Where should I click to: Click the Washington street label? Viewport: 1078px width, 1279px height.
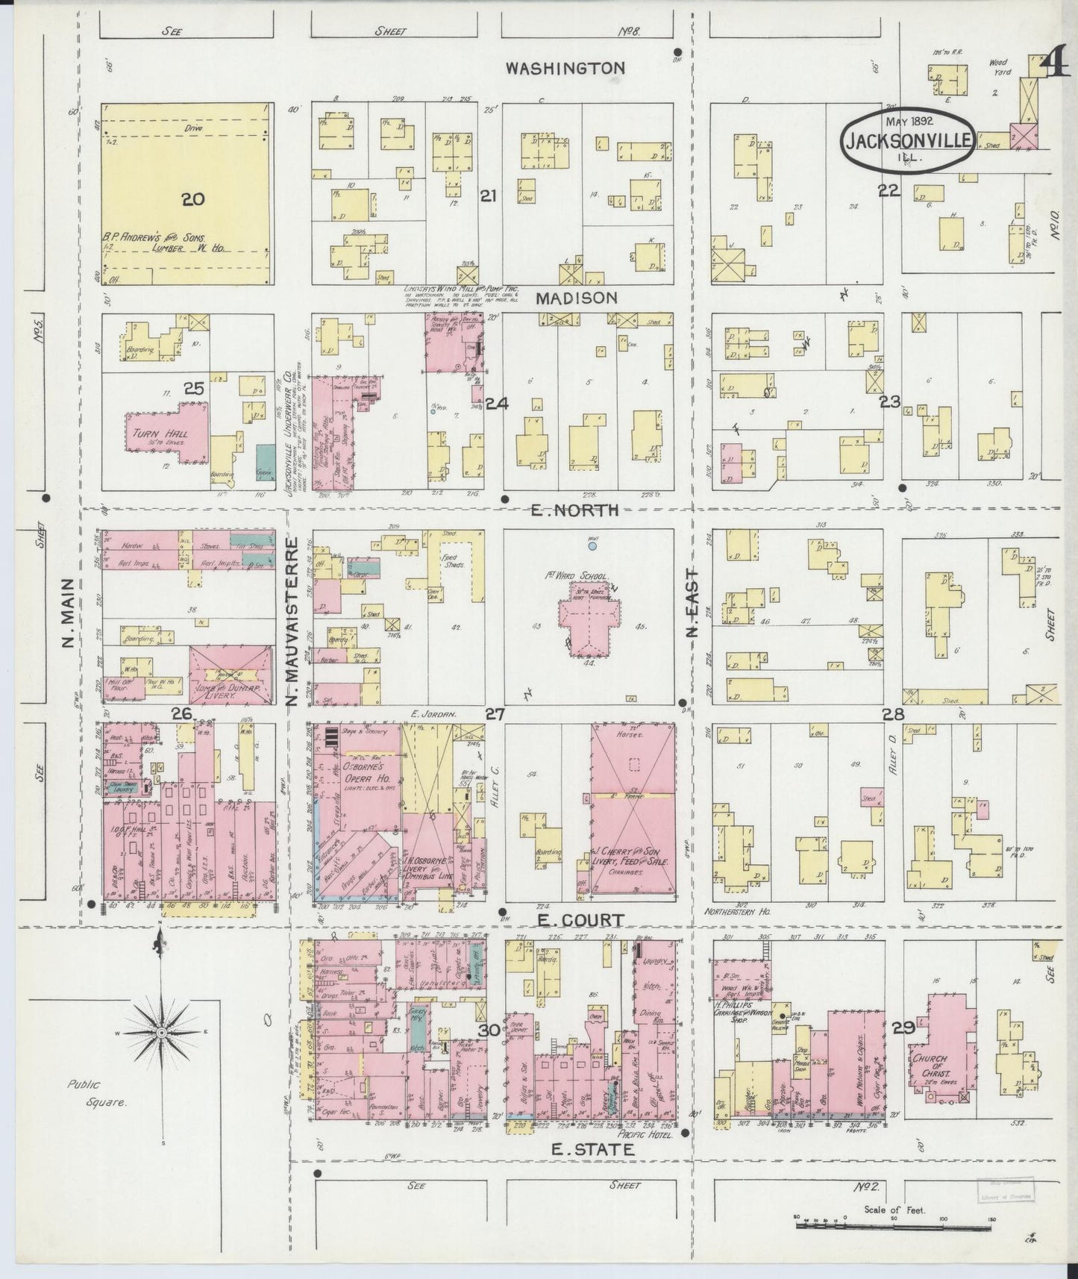pos(564,68)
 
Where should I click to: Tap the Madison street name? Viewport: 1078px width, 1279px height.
pos(576,297)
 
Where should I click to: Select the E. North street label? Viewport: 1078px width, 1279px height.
pos(574,510)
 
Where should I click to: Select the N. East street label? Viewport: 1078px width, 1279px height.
pos(692,603)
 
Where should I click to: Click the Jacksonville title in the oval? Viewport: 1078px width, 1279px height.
pos(908,140)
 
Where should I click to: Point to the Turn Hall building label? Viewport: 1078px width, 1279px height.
pos(160,434)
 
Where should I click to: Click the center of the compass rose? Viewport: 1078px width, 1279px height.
pos(161,1032)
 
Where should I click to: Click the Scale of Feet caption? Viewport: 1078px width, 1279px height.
pos(894,1210)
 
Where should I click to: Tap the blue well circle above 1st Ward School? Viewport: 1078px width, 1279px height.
pos(592,546)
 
